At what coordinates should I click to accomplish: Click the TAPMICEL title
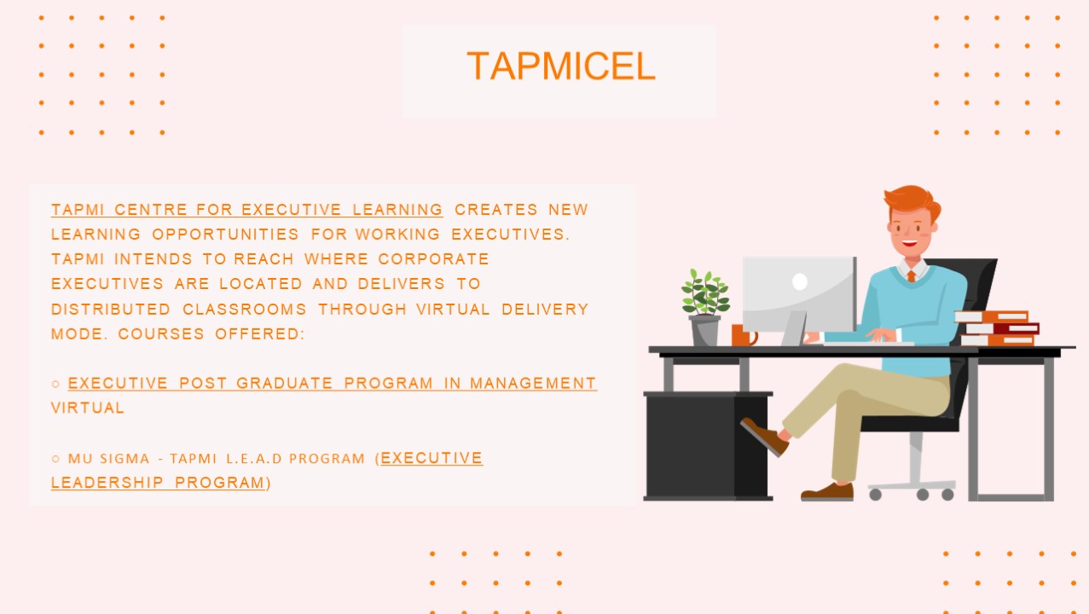coord(560,67)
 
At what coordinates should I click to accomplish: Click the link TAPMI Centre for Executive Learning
coord(246,210)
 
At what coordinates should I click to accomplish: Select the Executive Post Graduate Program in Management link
coord(332,384)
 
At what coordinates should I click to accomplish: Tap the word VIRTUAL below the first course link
coord(88,408)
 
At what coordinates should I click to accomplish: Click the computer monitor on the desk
coord(798,294)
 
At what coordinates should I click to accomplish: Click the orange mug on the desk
coord(741,335)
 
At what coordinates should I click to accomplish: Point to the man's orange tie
coord(911,275)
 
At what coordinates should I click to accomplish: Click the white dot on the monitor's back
coord(799,281)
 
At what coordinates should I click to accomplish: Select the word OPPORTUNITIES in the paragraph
coord(226,235)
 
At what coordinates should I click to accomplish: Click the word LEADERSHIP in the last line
coord(107,483)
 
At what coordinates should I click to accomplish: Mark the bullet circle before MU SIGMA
coord(55,459)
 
